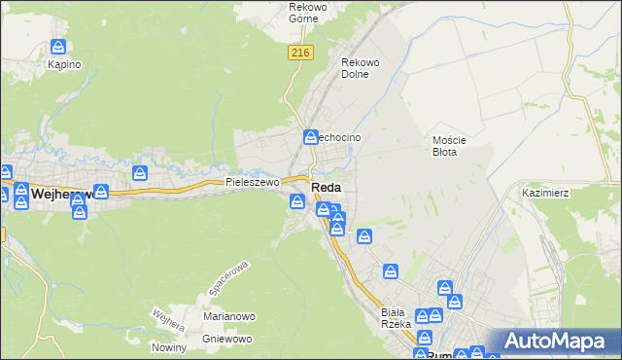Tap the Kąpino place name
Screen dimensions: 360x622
pyautogui.click(x=64, y=64)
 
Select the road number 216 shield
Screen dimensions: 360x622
pyautogui.click(x=299, y=54)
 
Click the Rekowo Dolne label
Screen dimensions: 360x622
pyautogui.click(x=360, y=69)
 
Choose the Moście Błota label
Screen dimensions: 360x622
pyautogui.click(x=450, y=146)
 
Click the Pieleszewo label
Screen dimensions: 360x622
pyautogui.click(x=253, y=182)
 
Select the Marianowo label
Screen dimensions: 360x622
pyautogui.click(x=228, y=316)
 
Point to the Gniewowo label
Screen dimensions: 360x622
pyautogui.click(x=227, y=339)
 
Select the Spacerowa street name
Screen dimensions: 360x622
pyautogui.click(x=229, y=278)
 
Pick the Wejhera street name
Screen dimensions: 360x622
pyautogui.click(x=168, y=321)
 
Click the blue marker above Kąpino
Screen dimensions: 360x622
pyautogui.click(x=58, y=46)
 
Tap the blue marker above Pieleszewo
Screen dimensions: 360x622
pyautogui.click(x=141, y=172)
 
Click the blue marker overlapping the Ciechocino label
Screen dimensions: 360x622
pyautogui.click(x=311, y=137)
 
